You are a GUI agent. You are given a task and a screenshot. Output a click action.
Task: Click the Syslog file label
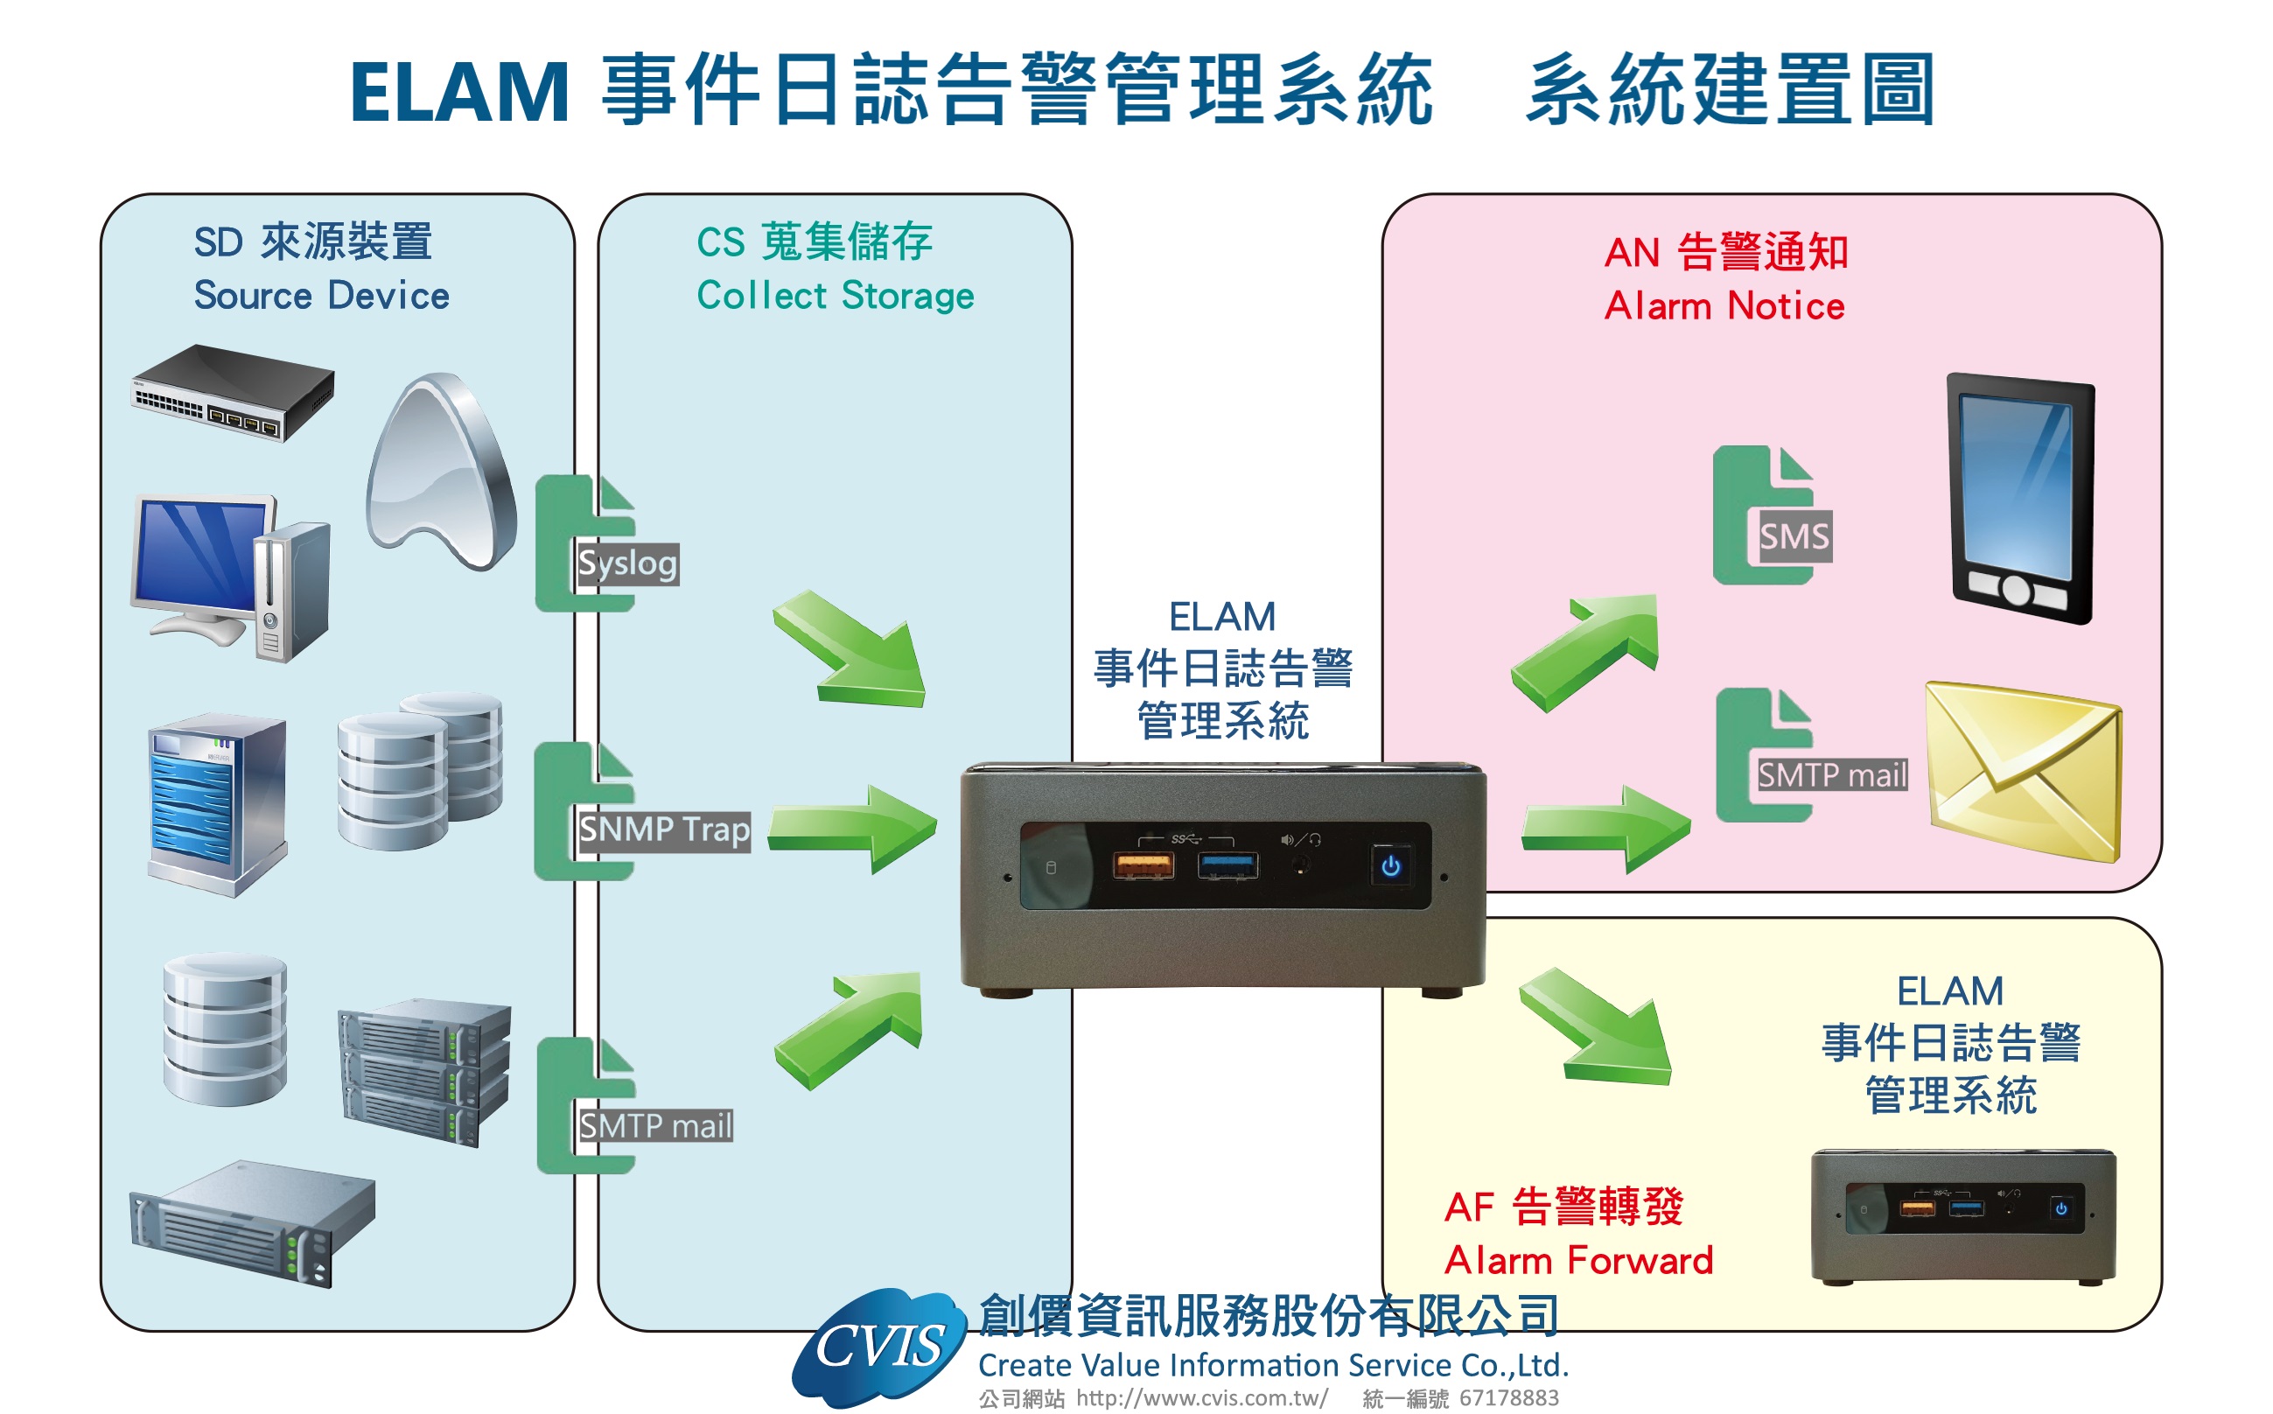coord(627,563)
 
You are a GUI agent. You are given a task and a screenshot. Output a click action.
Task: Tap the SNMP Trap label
coord(663,829)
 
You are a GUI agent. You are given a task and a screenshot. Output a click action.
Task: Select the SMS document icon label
coord(1793,536)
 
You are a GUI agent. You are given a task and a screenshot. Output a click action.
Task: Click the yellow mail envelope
coord(2023,772)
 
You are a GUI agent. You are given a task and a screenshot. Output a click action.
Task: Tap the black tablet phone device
coord(2019,500)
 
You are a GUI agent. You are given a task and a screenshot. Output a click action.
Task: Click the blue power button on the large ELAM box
coord(1390,866)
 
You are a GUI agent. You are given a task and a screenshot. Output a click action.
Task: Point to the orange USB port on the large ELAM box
coord(1143,865)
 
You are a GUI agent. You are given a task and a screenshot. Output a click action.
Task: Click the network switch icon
coord(232,393)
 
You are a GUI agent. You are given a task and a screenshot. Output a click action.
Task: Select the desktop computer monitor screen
coord(199,552)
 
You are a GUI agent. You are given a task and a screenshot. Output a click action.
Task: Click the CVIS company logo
coord(879,1347)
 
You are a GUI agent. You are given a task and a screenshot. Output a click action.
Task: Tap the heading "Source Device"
coord(322,296)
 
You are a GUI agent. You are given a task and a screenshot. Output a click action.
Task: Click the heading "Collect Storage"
coord(835,296)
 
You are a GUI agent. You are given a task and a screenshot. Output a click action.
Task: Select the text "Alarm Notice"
coord(1724,305)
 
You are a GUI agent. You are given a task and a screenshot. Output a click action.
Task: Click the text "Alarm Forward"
coord(1578,1261)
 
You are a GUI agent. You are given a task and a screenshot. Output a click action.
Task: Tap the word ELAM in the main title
coord(459,92)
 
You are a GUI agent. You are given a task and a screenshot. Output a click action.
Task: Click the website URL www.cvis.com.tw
coord(1201,1398)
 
